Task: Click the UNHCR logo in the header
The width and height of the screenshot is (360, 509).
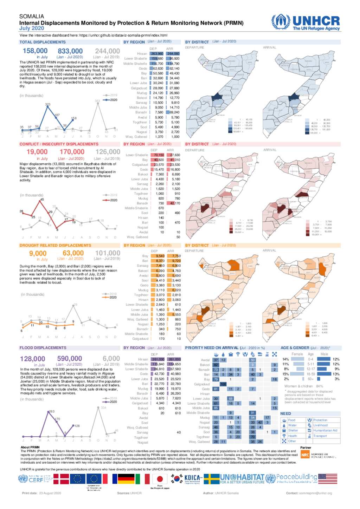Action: pyautogui.click(x=306, y=22)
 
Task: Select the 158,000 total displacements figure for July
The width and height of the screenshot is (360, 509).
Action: pyautogui.click(x=35, y=51)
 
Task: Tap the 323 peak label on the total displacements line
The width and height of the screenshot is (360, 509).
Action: pyautogui.click(x=47, y=104)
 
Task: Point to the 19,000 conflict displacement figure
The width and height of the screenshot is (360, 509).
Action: pyautogui.click(x=37, y=152)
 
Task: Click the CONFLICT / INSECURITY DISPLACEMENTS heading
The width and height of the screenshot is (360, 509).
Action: pyautogui.click(x=59, y=144)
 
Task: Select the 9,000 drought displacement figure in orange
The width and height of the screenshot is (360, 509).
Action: pyautogui.click(x=38, y=254)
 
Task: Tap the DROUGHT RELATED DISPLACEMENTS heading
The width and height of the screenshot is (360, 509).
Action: pyautogui.click(x=55, y=246)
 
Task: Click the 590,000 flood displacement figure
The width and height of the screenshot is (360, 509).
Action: pyautogui.click(x=70, y=359)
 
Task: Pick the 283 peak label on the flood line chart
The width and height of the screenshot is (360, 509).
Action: pyautogui.click(x=52, y=411)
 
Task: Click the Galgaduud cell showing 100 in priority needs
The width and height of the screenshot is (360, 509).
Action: pyautogui.click(x=223, y=384)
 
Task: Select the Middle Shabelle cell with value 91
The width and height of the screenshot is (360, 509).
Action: pyautogui.click(x=252, y=413)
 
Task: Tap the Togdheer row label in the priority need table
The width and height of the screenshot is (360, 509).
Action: pyautogui.click(x=203, y=437)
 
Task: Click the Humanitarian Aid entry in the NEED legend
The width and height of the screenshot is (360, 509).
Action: pyautogui.click(x=325, y=430)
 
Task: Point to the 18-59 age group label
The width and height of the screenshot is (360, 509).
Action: pyautogui.click(x=311, y=374)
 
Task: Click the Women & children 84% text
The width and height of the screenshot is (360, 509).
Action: pyautogui.click(x=304, y=386)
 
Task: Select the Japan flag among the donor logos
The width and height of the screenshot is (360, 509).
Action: pyautogui.click(x=160, y=479)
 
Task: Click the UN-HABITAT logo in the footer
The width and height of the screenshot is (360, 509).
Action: pyautogui.click(x=242, y=478)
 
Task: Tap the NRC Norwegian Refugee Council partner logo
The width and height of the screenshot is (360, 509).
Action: pyautogui.click(x=318, y=455)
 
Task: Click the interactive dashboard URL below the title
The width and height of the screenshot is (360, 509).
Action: pyautogui.click(x=123, y=35)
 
